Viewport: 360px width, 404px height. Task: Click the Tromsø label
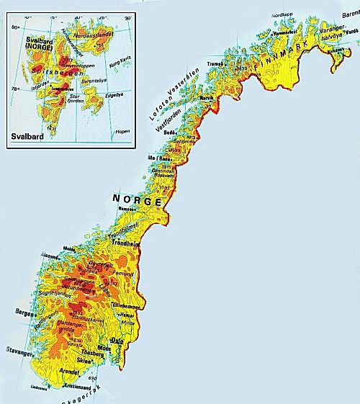[x=215, y=63]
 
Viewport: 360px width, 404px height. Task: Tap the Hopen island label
[x=124, y=131]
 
